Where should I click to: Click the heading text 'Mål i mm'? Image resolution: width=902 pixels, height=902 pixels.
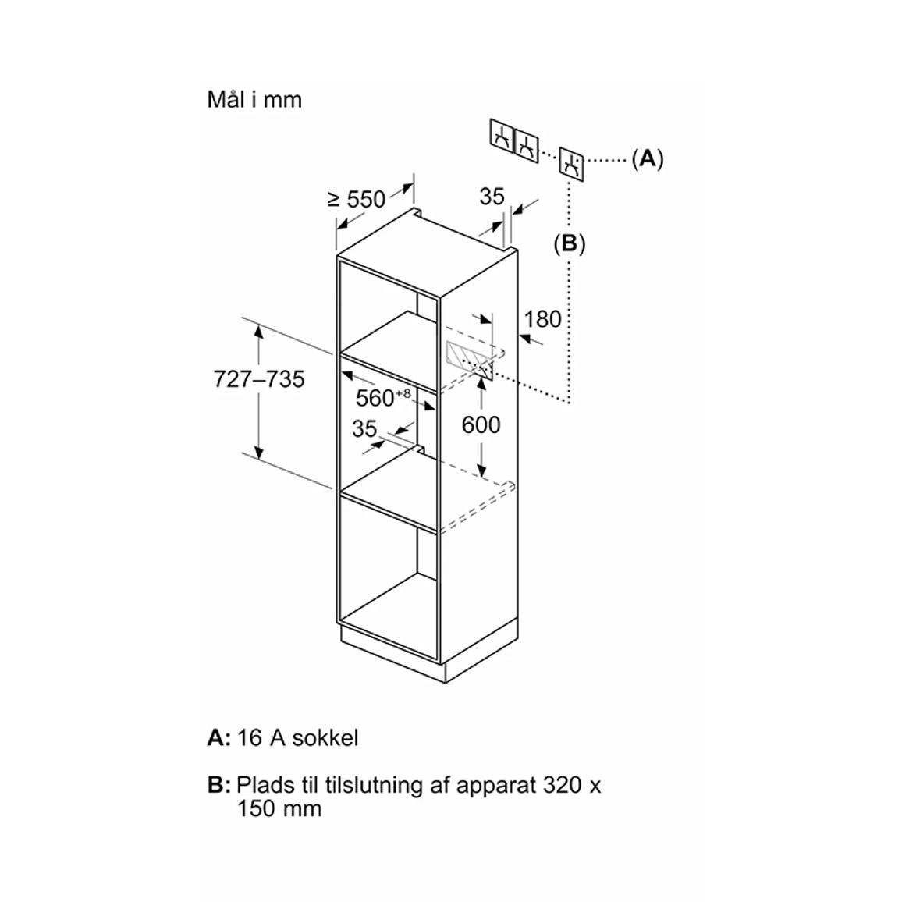point(254,100)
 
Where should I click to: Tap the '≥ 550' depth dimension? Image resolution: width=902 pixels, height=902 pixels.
point(357,200)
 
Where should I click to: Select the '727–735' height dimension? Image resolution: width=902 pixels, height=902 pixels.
point(259,380)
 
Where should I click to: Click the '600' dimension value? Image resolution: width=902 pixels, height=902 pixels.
point(481,425)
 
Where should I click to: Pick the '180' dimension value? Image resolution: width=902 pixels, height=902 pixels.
point(542,319)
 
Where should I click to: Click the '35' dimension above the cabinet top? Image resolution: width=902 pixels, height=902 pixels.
point(492,197)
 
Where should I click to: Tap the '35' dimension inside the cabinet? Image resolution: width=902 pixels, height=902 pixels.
point(364,429)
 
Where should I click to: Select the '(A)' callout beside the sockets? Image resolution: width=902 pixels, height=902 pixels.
point(648,158)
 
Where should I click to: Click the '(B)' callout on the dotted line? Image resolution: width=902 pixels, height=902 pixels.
point(570,244)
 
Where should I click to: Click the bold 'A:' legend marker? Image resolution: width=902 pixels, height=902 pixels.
point(218,738)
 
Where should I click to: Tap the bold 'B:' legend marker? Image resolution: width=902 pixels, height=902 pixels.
point(218,785)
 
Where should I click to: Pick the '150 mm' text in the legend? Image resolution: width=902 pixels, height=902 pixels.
point(279,809)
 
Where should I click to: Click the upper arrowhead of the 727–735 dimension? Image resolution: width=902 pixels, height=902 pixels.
point(259,330)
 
